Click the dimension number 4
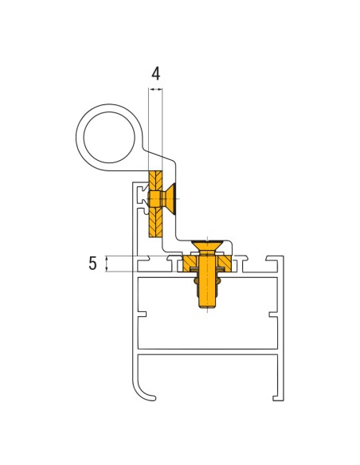click(x=155, y=73)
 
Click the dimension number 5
click(x=92, y=264)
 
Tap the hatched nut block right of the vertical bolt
click(x=225, y=262)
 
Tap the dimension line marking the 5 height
click(x=105, y=264)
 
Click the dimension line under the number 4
click(x=155, y=90)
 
